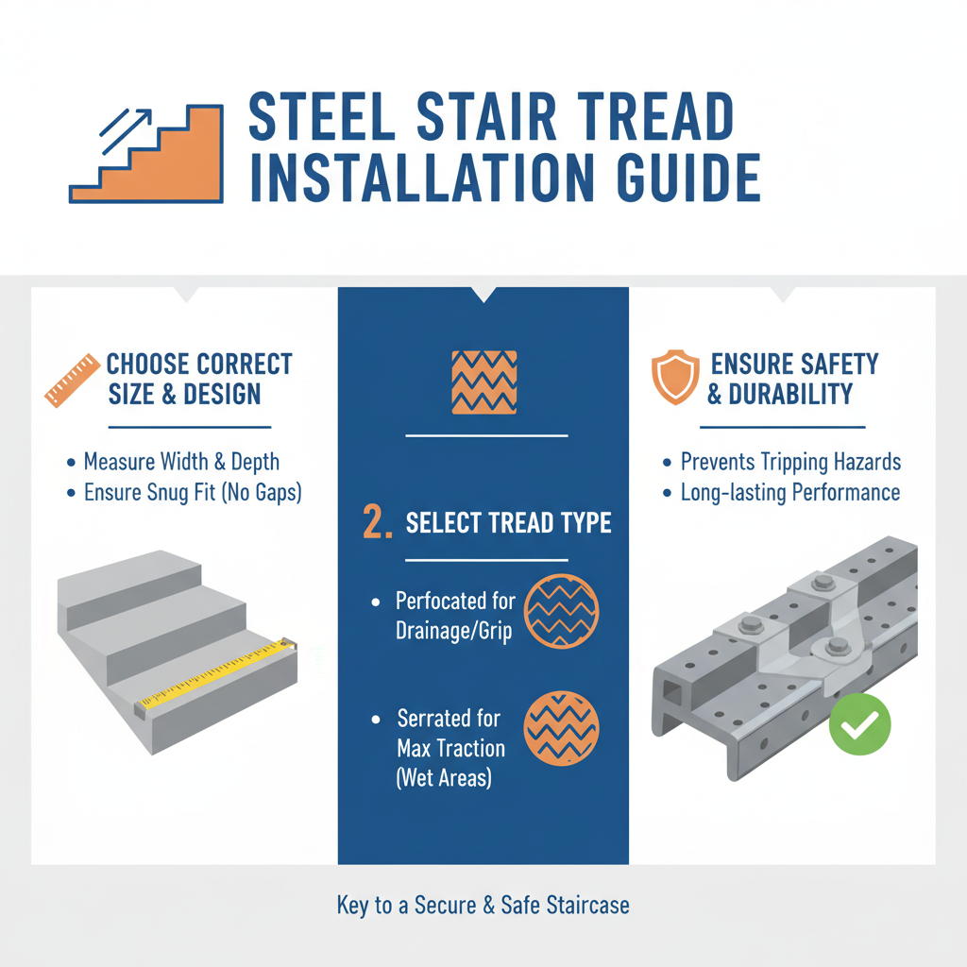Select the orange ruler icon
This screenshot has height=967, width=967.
(72, 381)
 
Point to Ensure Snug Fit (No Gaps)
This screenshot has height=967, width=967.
(192, 493)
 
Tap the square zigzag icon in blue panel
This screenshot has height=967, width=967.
(484, 382)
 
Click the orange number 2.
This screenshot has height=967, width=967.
(377, 524)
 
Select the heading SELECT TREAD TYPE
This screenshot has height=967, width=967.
(508, 524)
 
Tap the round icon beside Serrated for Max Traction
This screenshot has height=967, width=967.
(560, 726)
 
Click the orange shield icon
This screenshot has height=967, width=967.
(675, 378)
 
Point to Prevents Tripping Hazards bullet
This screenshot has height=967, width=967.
(790, 462)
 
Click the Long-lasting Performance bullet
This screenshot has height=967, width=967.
(789, 493)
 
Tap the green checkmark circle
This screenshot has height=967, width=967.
(859, 724)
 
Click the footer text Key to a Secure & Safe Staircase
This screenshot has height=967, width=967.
(483, 906)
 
